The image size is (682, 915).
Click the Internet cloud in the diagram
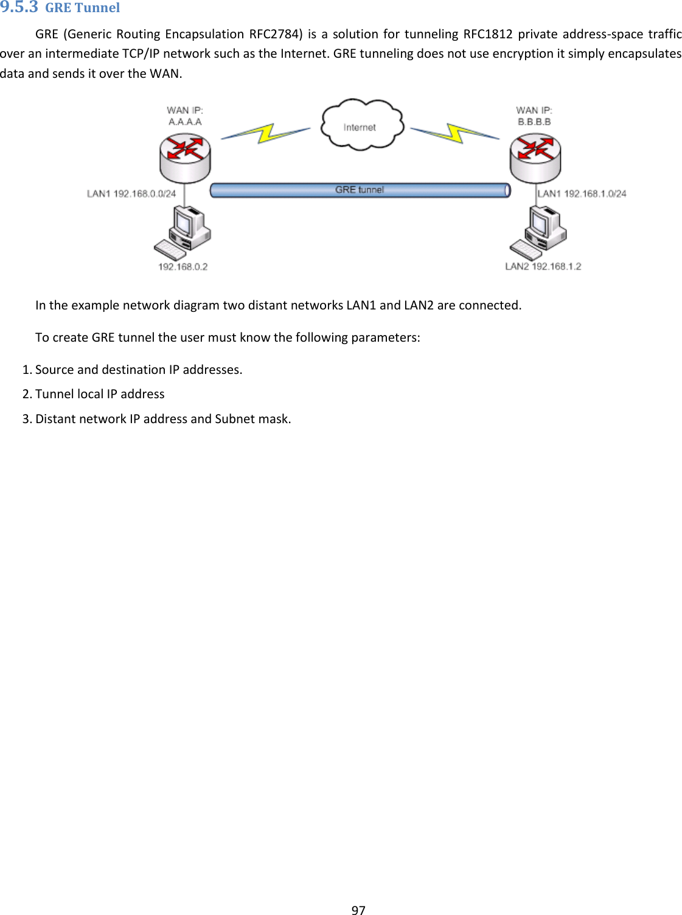click(x=362, y=125)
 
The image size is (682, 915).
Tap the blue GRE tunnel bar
click(x=360, y=190)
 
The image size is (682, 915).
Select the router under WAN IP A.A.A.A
click(x=185, y=157)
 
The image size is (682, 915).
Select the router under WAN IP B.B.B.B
click(x=535, y=157)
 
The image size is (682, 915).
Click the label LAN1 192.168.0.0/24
click(x=131, y=194)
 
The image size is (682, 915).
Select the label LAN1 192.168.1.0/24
click(x=582, y=194)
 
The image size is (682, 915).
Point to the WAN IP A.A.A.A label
click(x=185, y=116)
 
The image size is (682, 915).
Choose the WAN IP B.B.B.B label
click(x=534, y=116)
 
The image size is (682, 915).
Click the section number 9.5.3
click(x=19, y=7)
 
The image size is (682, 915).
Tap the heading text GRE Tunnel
click(x=83, y=8)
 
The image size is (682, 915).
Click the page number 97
click(x=359, y=910)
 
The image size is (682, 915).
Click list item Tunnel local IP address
click(x=100, y=394)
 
